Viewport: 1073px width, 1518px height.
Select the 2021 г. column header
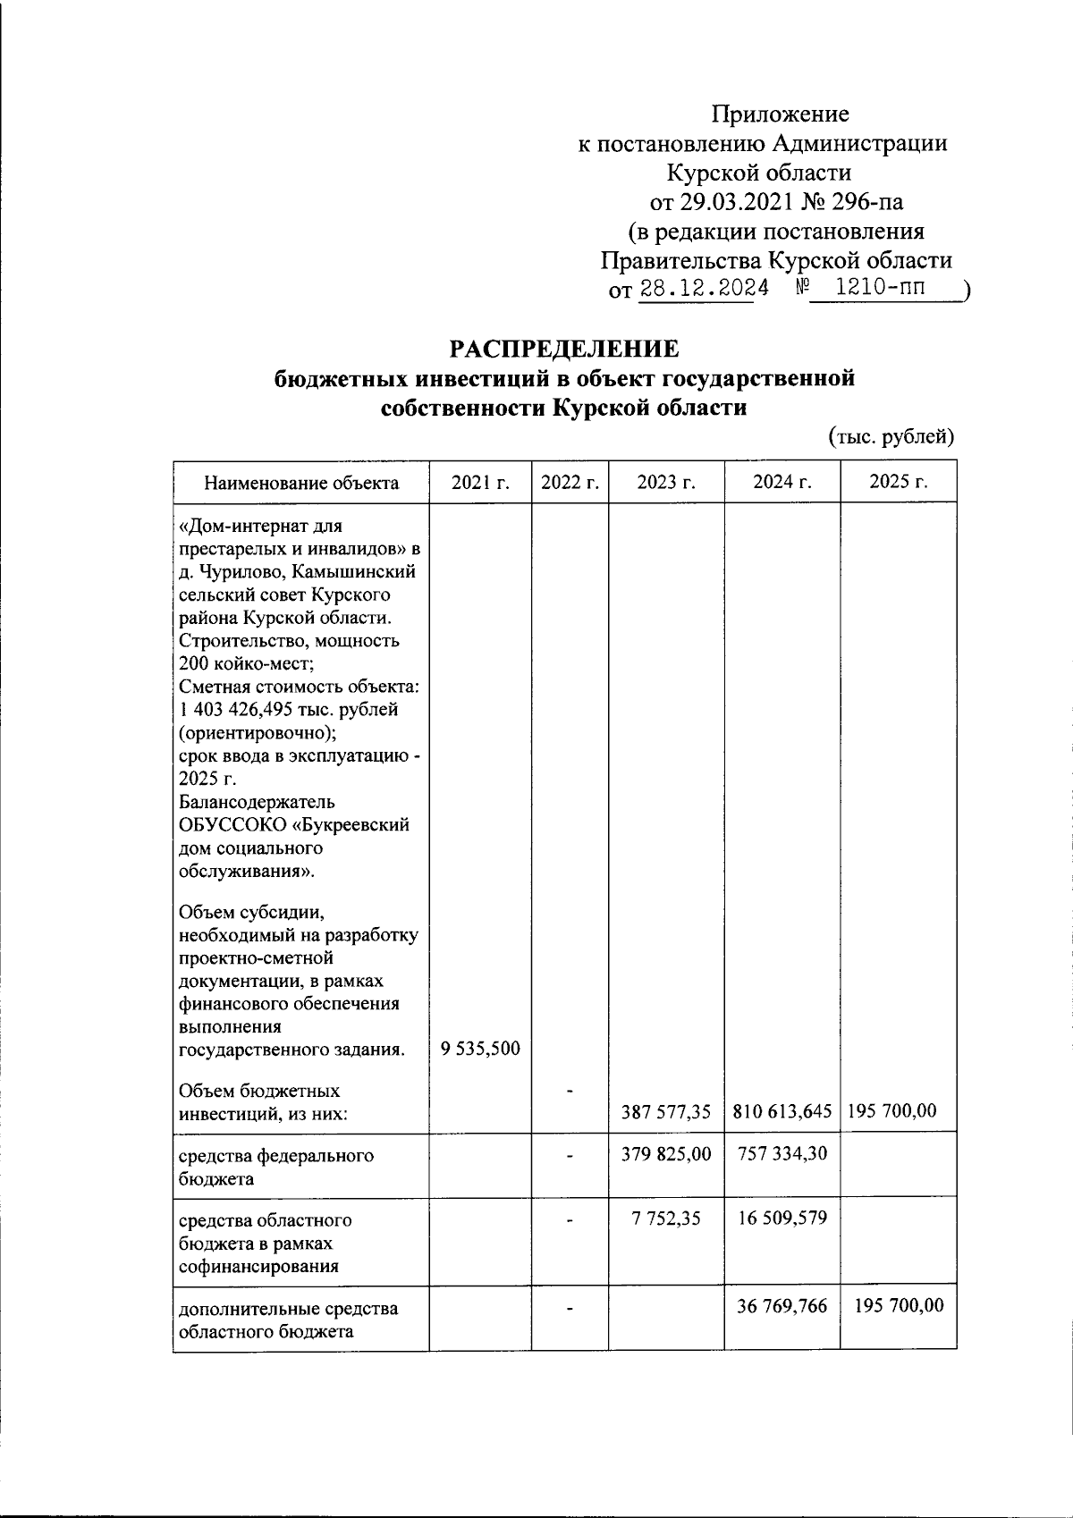click(480, 483)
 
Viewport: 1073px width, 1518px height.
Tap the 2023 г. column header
click(666, 483)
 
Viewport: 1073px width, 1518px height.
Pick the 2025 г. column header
click(898, 483)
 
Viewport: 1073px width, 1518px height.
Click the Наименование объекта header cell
click(301, 484)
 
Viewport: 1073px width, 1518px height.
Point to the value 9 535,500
click(481, 1049)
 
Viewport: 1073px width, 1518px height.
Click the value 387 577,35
click(666, 1112)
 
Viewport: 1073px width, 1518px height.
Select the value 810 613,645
click(782, 1112)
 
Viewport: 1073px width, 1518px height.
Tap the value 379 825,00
click(666, 1154)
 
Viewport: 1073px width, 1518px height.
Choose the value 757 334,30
click(782, 1154)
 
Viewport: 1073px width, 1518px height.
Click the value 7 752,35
click(666, 1219)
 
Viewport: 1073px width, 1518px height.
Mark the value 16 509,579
click(782, 1219)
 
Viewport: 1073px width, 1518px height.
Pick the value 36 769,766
click(782, 1306)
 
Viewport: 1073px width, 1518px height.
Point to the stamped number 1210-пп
click(880, 288)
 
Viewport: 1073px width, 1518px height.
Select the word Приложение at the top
click(780, 114)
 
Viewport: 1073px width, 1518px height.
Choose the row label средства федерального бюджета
click(275, 1167)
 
